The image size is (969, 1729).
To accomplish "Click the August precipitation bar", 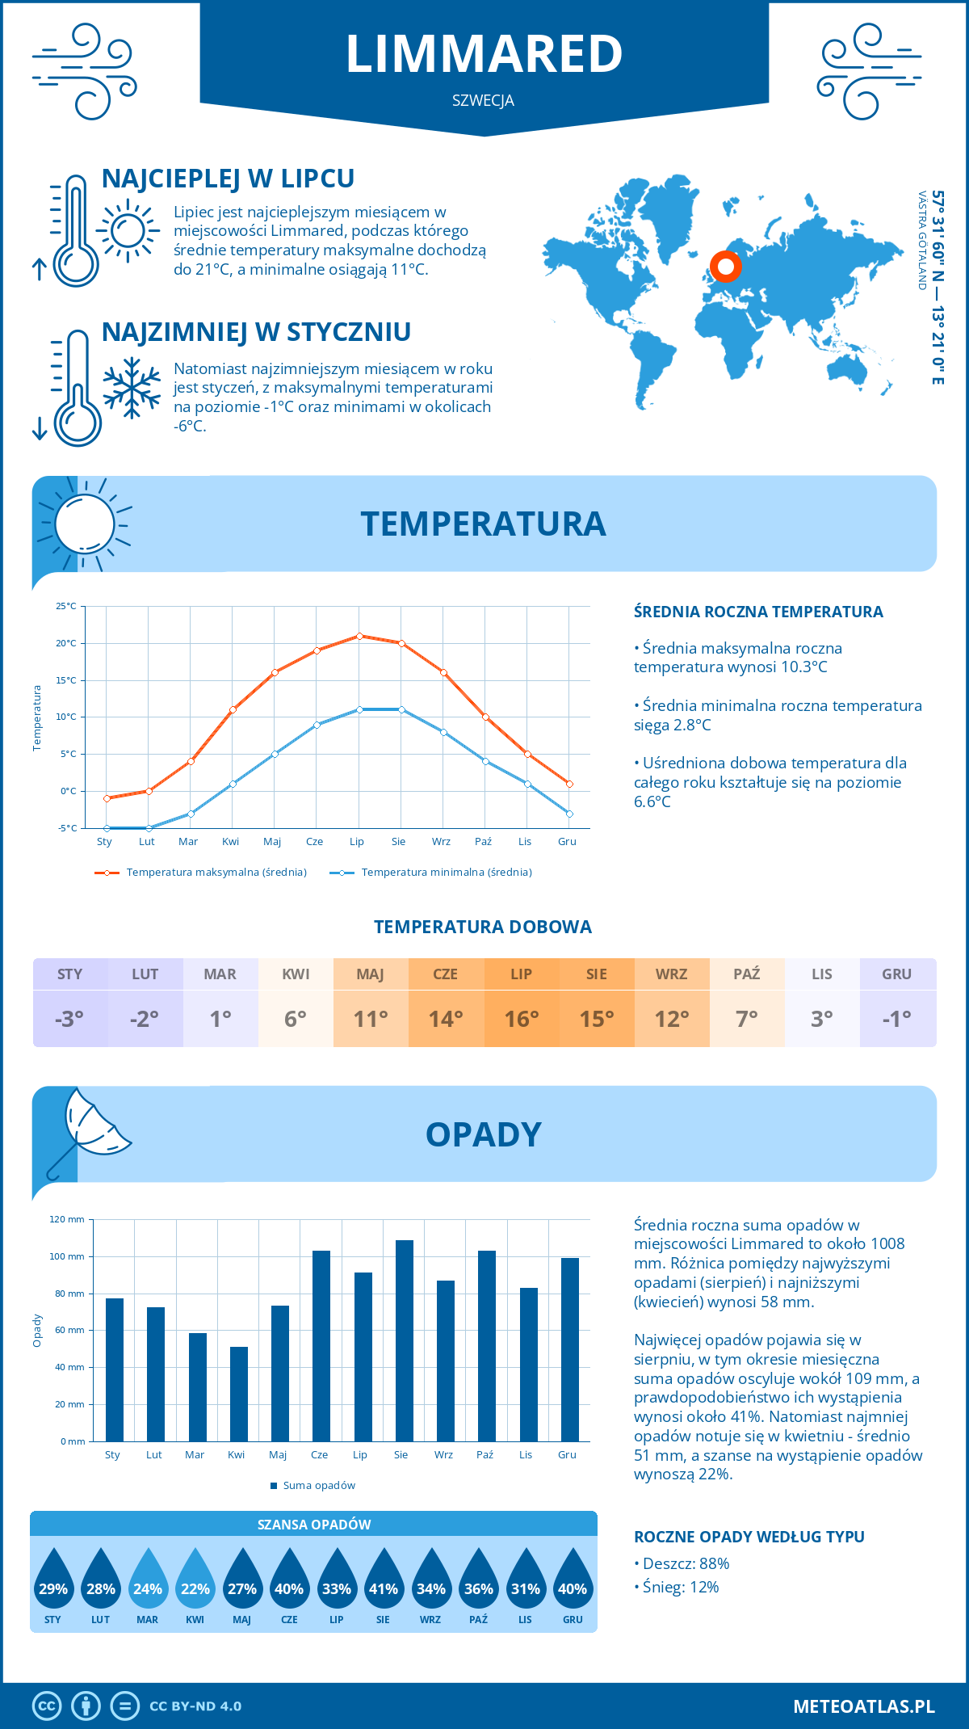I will point(405,1341).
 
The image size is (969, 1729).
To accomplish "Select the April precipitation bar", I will point(239,1394).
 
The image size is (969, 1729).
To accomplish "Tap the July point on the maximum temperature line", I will point(359,636).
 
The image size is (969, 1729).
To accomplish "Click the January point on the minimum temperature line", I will point(107,828).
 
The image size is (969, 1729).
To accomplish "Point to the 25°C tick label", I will point(66,606).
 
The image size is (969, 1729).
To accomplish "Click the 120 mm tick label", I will point(67,1219).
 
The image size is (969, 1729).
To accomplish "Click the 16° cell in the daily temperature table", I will point(522,1019).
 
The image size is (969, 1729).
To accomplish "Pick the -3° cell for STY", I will point(70,1019).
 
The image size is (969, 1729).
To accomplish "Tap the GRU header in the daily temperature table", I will point(896,974).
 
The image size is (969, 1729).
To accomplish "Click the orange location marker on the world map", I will point(726,266).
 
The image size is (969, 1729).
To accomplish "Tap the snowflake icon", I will point(132,388).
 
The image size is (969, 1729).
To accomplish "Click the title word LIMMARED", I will point(484,54).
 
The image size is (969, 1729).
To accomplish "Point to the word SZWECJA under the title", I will point(483,101).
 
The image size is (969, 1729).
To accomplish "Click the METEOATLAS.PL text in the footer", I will point(863,1706).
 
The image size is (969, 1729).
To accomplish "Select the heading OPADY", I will point(483,1135).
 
